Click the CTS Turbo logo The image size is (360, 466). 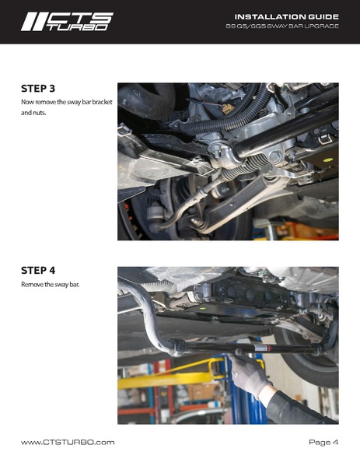point(66,21)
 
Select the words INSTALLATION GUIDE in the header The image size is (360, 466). point(286,16)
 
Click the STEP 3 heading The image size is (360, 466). point(38,88)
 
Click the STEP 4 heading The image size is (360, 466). point(38,271)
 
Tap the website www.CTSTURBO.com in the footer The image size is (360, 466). point(68,442)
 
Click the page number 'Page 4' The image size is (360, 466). point(323,442)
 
